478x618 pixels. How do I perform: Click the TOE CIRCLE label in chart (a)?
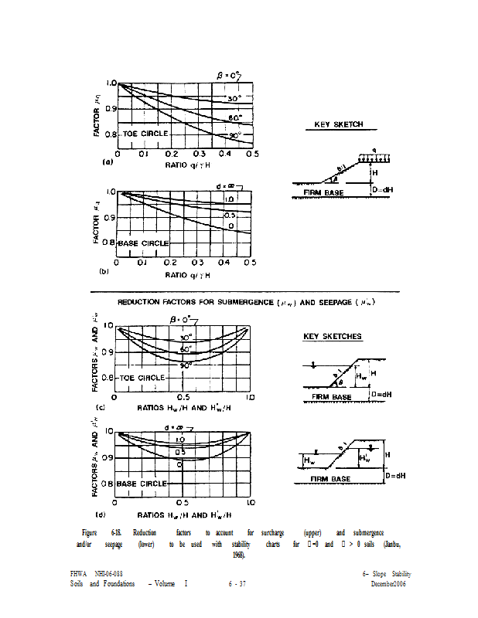143,134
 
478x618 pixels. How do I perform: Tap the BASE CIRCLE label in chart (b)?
143,243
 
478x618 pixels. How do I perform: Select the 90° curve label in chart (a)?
235,136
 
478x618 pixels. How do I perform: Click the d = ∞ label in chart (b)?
227,186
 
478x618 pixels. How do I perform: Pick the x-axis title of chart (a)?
188,164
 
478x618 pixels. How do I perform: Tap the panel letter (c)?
100,406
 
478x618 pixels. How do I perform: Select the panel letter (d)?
101,514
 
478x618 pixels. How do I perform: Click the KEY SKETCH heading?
338,124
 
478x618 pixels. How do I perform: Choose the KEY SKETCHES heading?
332,337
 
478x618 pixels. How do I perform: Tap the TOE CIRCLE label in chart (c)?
142,378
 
